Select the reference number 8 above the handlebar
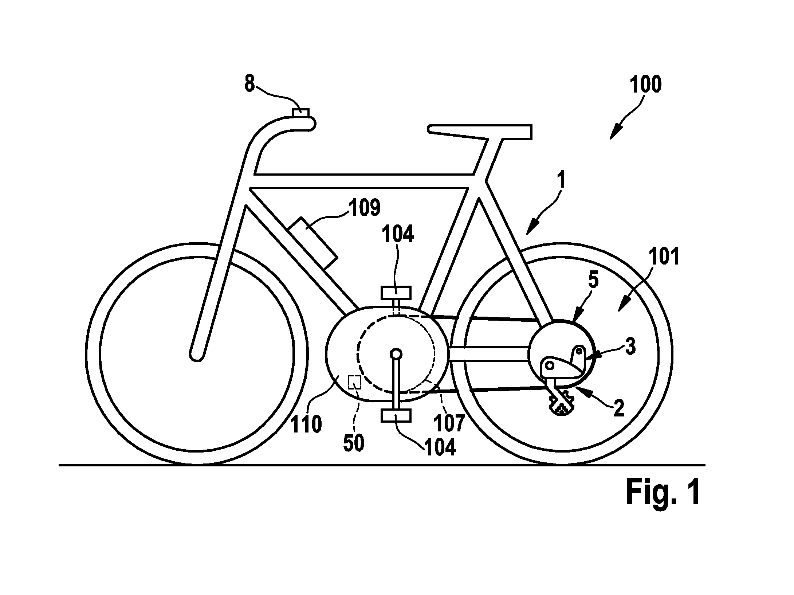(249, 83)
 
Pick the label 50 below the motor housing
(354, 443)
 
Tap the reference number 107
(449, 423)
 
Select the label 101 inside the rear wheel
(664, 257)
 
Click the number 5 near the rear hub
(593, 282)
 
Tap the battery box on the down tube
(313, 244)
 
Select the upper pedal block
(396, 293)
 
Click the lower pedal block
(396, 415)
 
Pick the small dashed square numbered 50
(354, 382)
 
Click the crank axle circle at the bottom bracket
(396, 353)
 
